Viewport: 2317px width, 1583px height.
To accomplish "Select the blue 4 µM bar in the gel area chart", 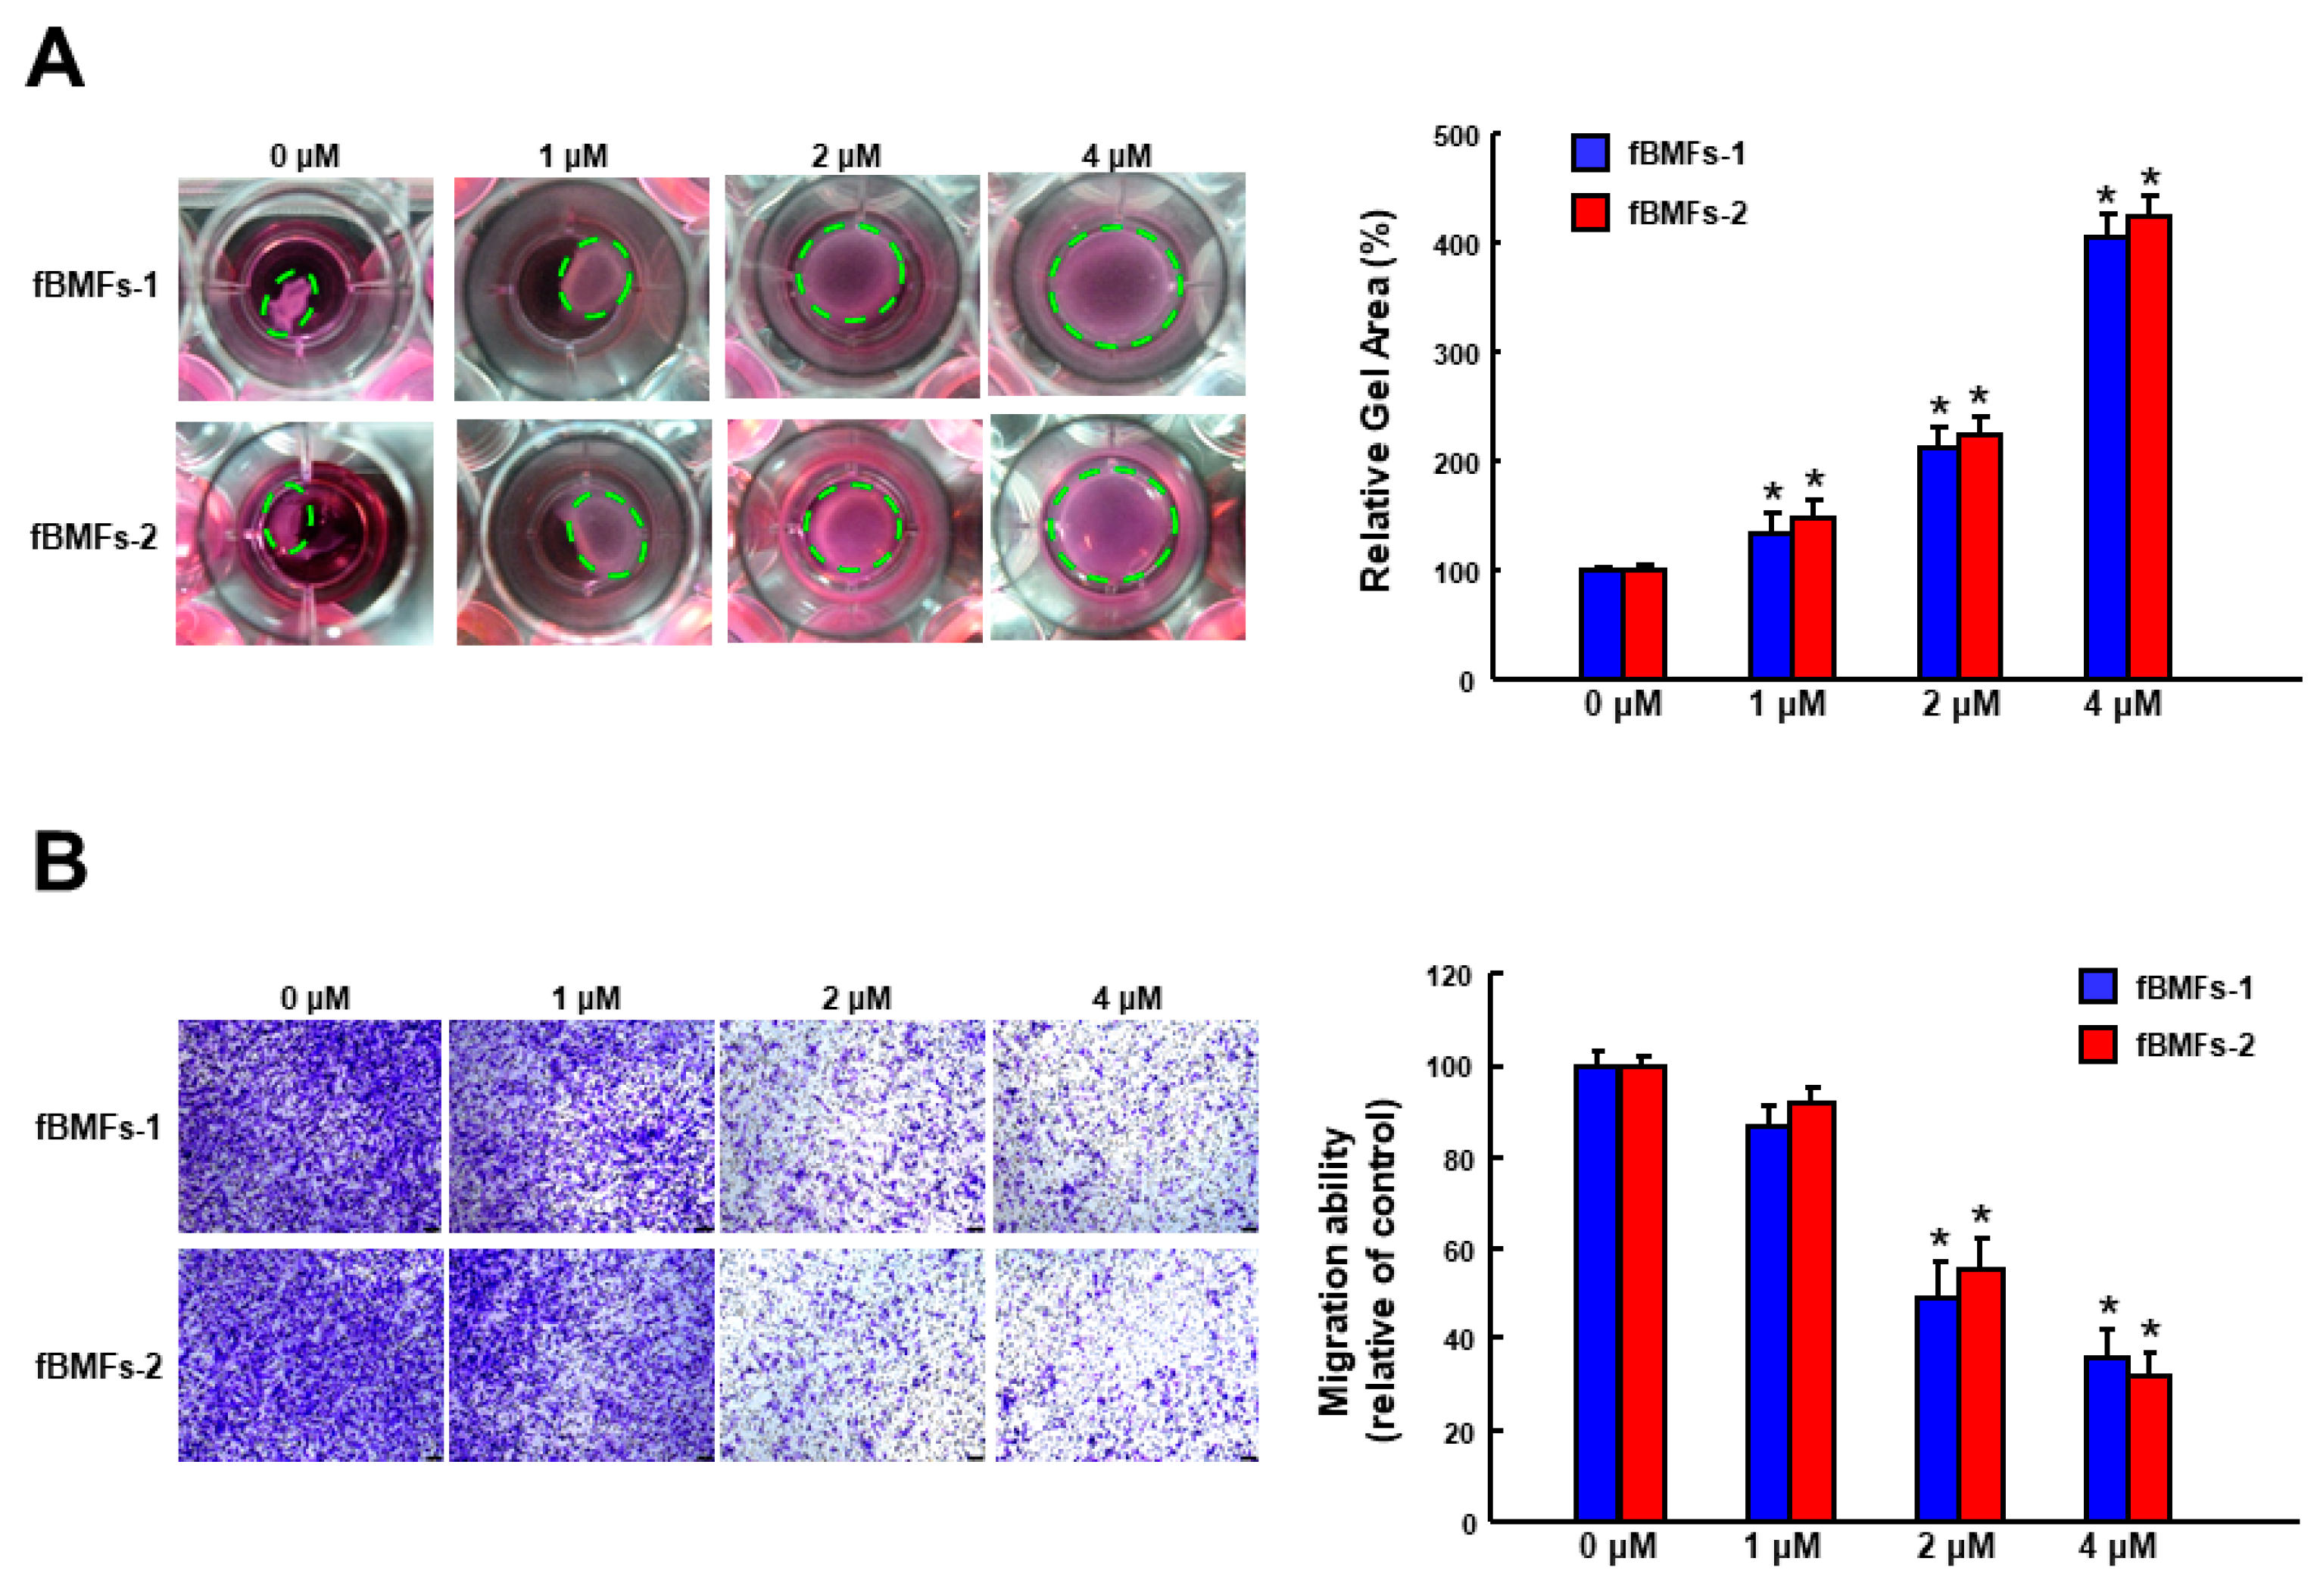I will [2105, 459].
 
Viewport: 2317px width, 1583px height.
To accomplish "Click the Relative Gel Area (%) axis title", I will [1376, 400].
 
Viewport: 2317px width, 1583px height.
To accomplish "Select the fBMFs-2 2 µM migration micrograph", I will [853, 1354].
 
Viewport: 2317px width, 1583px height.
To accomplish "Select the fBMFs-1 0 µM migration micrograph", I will [309, 1126].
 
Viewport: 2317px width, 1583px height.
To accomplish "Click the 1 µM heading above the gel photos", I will [573, 157].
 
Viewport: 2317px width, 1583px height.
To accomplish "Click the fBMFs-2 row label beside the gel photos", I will [94, 538].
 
